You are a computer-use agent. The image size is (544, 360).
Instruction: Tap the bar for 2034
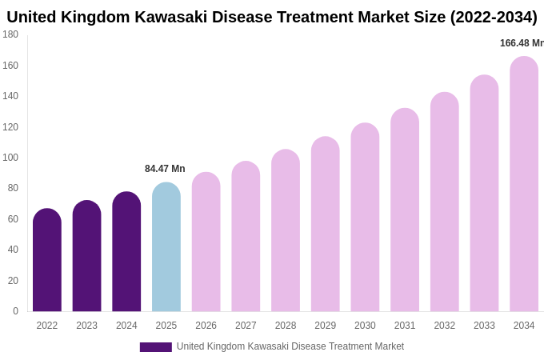[x=524, y=184]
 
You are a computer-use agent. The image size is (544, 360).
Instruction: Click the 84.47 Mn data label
[x=165, y=169]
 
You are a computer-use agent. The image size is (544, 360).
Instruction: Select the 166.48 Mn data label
[x=522, y=43]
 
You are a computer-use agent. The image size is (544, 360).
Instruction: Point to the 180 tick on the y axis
[x=10, y=34]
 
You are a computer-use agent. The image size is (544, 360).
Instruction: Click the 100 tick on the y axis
[x=10, y=158]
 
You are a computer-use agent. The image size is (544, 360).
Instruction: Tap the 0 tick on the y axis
[x=15, y=311]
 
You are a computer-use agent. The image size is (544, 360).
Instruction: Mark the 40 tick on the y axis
[x=12, y=250]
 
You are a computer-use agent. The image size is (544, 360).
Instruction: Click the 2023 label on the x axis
[x=86, y=326]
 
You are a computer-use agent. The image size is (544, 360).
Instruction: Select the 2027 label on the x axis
[x=246, y=326]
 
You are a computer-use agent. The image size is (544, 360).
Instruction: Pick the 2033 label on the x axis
[x=484, y=326]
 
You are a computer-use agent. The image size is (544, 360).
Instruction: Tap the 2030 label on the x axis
[x=365, y=326]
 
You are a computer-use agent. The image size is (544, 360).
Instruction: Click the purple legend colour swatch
[x=155, y=347]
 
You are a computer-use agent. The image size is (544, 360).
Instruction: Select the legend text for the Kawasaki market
[x=290, y=346]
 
